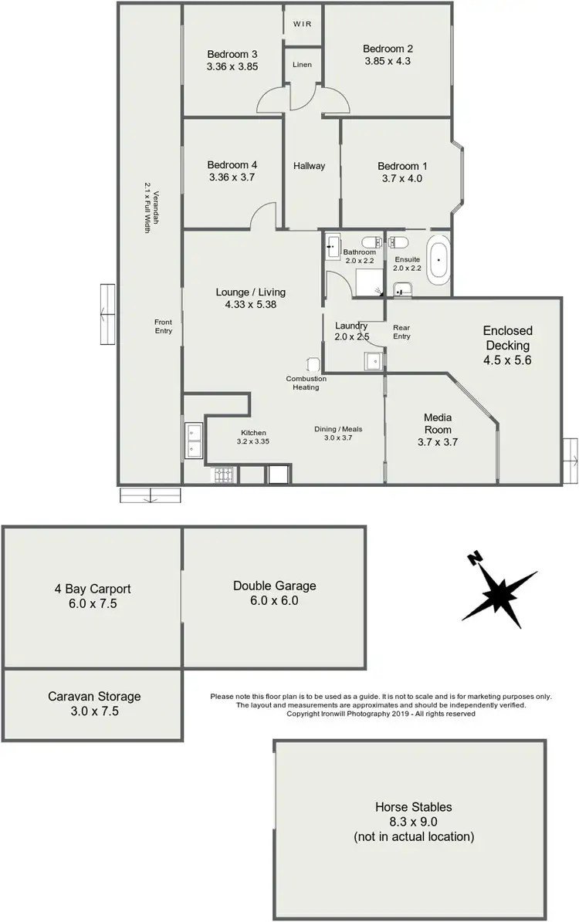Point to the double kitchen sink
point(193,441)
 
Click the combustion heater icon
point(313,365)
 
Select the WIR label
point(303,24)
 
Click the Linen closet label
point(303,64)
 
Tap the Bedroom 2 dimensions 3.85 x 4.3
point(388,61)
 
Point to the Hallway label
point(309,166)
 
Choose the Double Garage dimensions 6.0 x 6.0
point(274,600)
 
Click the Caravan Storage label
point(94,696)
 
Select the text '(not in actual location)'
point(414,836)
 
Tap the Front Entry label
point(163,326)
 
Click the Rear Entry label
point(401,331)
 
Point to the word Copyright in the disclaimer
point(303,714)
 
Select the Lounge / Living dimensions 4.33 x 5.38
point(250,304)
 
